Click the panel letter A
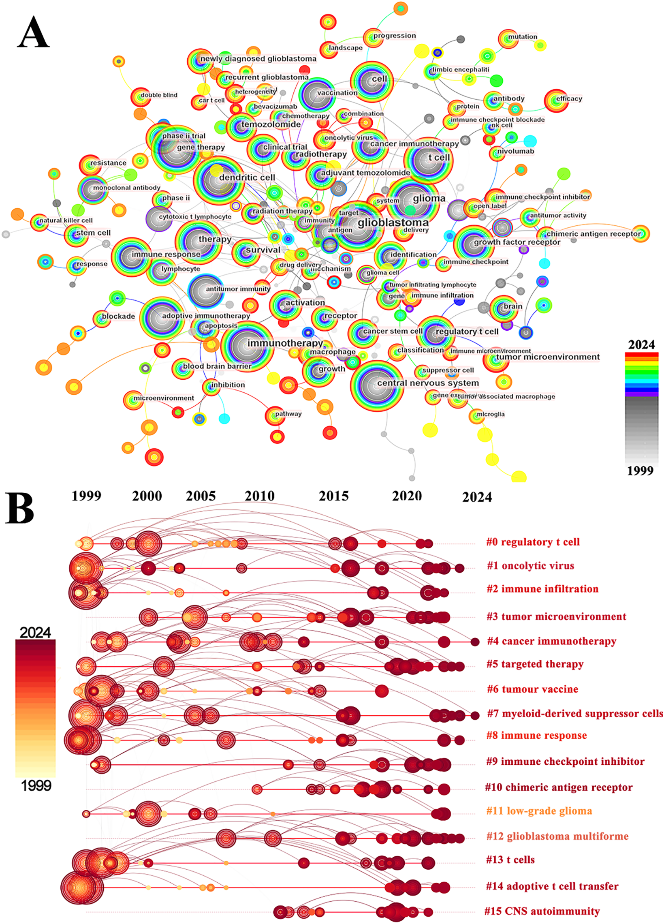coord(33,32)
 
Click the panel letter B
coord(19,509)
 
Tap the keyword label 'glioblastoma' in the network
coord(393,222)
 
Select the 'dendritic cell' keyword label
coord(247,178)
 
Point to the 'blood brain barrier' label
coord(217,366)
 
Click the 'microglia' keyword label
coord(491,414)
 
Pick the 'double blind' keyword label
coord(159,95)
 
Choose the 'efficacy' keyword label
coord(569,98)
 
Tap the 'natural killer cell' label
coord(66,220)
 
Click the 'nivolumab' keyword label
coord(515,151)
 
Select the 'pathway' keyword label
coord(288,414)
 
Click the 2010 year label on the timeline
coord(260,496)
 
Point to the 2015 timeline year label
coord(334,496)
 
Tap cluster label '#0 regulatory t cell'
coord(533,542)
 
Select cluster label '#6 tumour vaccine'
coord(532,689)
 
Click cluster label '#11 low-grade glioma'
coord(539,811)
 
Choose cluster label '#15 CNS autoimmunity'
coord(542,911)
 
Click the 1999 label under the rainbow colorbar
coord(640,471)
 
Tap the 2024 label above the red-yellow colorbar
coord(35,633)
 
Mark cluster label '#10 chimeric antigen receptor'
coord(559,787)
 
